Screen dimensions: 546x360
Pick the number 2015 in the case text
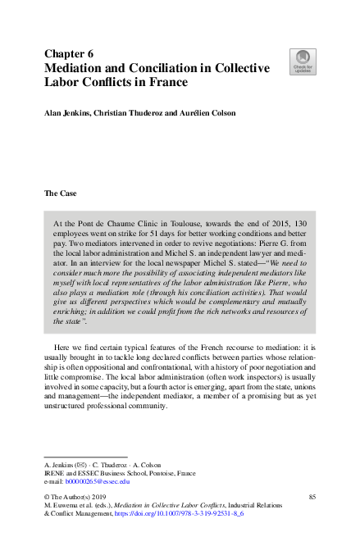pos(279,223)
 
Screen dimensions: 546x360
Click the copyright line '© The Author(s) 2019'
pos(79,498)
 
